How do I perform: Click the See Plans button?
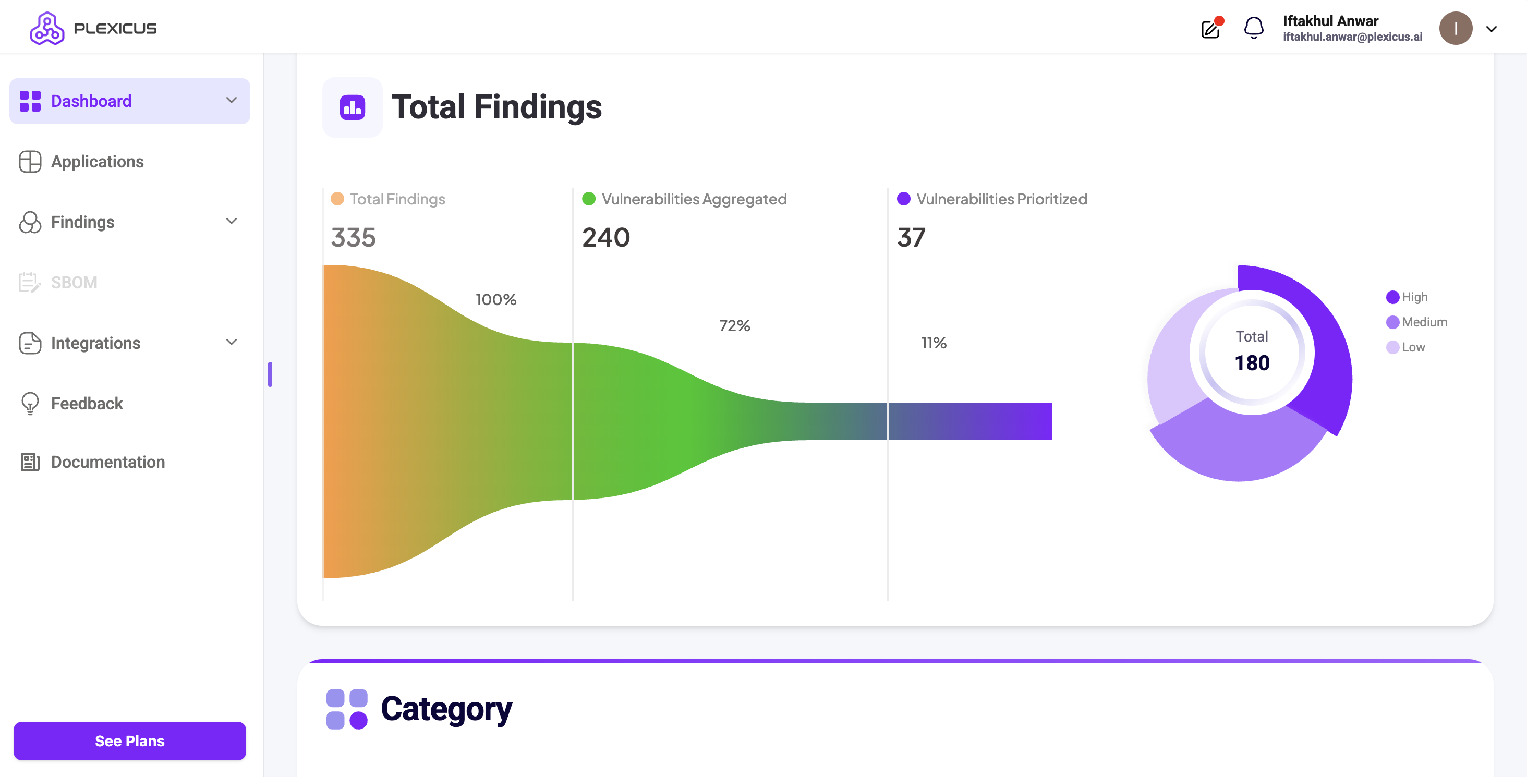click(x=129, y=740)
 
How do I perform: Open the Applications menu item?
click(x=97, y=162)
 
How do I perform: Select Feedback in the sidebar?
click(x=87, y=404)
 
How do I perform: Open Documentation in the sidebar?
click(x=107, y=462)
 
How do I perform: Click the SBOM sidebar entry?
click(x=74, y=283)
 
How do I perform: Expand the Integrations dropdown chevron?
click(x=231, y=342)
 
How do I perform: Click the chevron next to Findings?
click(x=231, y=221)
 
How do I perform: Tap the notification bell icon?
click(x=1253, y=28)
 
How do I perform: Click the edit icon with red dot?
click(x=1210, y=29)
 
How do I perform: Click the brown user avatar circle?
click(x=1455, y=29)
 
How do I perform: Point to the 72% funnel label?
click(x=734, y=326)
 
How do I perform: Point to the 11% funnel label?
click(x=934, y=343)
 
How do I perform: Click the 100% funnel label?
click(x=495, y=300)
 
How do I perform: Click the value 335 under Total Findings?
click(x=353, y=238)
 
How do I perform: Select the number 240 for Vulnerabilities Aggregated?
click(x=606, y=238)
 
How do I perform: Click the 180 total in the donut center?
click(x=1252, y=363)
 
